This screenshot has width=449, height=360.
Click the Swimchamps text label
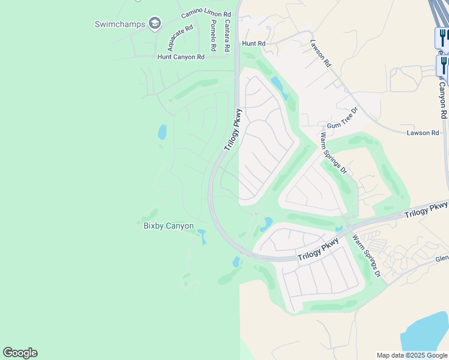pyautogui.click(x=120, y=24)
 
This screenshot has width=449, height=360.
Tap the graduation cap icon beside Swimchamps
pyautogui.click(x=155, y=23)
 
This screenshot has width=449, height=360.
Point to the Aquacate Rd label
pyautogui.click(x=180, y=37)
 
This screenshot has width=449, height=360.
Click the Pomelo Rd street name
pyautogui.click(x=213, y=34)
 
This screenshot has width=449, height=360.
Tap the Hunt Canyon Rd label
pyautogui.click(x=181, y=57)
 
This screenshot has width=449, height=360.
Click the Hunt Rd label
pyautogui.click(x=253, y=44)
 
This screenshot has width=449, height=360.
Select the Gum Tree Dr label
pyautogui.click(x=346, y=118)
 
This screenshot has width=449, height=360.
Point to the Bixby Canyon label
pyautogui.click(x=169, y=226)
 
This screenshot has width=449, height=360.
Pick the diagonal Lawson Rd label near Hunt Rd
pyautogui.click(x=321, y=53)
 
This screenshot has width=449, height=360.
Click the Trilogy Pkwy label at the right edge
pyautogui.click(x=426, y=210)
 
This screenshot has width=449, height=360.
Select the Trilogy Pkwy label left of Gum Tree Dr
pyautogui.click(x=234, y=129)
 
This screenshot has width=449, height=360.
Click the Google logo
pyautogui.click(x=20, y=353)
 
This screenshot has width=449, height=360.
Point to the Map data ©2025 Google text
pyautogui.click(x=411, y=355)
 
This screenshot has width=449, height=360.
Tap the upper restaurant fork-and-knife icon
pyautogui.click(x=442, y=38)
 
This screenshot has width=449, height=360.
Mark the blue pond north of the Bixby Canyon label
pyautogui.click(x=162, y=131)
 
